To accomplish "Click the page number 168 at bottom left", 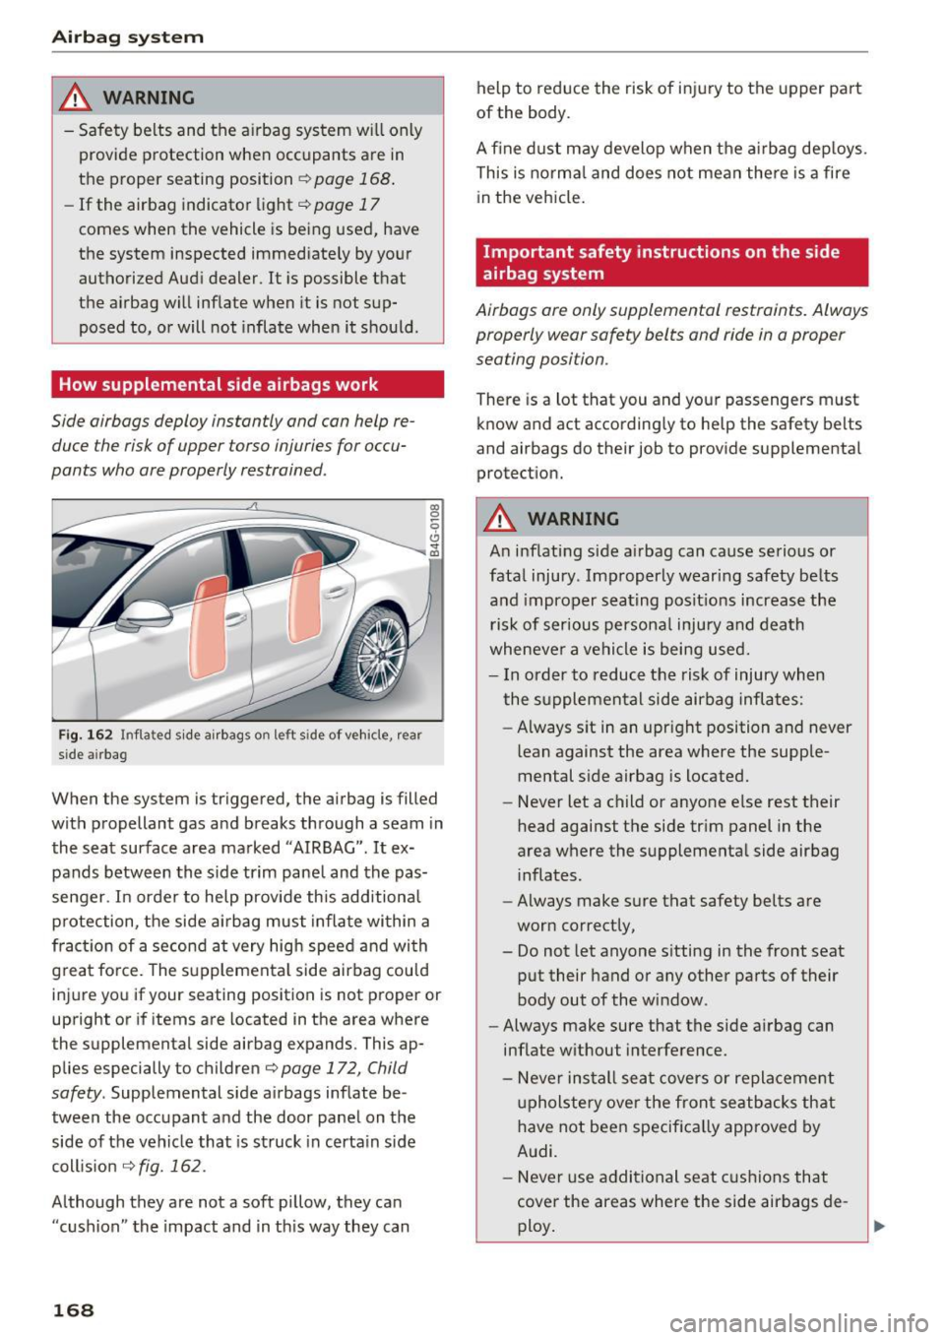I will (73, 1309).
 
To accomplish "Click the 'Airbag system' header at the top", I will (128, 37).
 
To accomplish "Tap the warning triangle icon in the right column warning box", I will (502, 518).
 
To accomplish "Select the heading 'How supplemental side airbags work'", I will (219, 384).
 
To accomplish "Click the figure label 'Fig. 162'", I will (85, 734).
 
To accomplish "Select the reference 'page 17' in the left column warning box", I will (346, 205).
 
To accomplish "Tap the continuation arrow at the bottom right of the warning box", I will (879, 1227).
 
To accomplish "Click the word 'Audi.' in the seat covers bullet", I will (537, 1151).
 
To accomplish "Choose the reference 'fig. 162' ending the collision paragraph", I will (170, 1166).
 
